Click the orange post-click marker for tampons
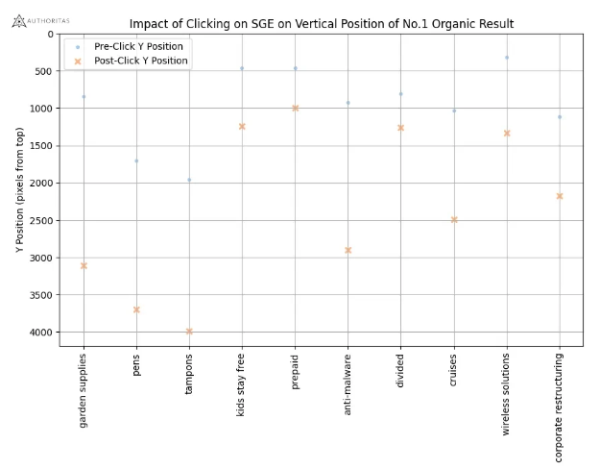[189, 332]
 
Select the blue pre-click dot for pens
[136, 160]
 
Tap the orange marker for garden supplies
[84, 265]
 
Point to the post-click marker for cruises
[454, 220]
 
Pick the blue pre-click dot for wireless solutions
[507, 58]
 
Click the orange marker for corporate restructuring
[560, 196]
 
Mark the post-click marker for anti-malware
[348, 250]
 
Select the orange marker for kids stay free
[242, 126]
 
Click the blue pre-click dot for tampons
[189, 180]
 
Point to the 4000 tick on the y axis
[44, 333]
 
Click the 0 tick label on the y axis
[51, 34]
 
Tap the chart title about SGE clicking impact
[321, 24]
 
